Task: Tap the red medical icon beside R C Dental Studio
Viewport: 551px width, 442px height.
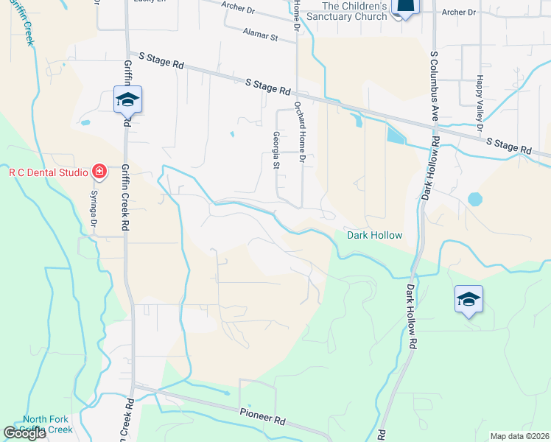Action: click(x=99, y=172)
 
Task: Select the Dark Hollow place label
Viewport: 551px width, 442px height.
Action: click(x=375, y=235)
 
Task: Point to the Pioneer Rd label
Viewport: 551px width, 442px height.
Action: click(x=262, y=416)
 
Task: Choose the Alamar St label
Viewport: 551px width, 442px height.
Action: click(x=259, y=35)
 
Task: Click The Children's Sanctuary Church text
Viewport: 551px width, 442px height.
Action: click(x=346, y=11)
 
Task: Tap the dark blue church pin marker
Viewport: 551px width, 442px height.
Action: click(x=404, y=7)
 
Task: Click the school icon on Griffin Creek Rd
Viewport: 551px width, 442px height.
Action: click(x=127, y=99)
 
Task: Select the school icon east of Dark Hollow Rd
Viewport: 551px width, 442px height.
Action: click(x=468, y=299)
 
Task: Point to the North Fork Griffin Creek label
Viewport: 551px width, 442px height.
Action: click(x=48, y=424)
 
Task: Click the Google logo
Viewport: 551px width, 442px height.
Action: click(x=24, y=433)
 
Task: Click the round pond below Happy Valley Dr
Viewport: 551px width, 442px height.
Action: click(x=475, y=199)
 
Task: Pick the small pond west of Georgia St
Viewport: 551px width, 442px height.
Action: click(x=231, y=134)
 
